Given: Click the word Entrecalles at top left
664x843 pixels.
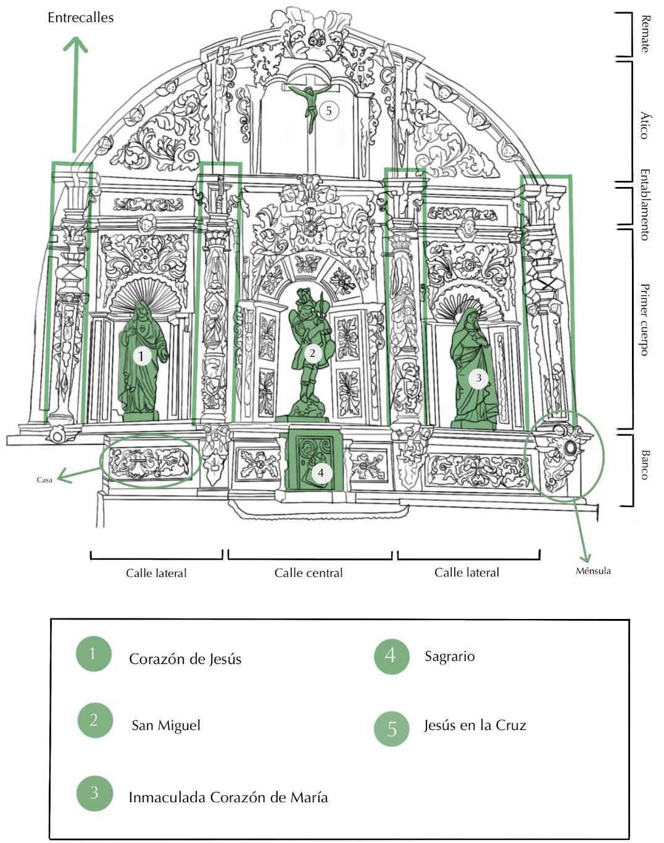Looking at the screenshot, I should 80,18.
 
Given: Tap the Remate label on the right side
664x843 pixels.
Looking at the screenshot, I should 645,34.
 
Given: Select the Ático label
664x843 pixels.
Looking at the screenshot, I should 645,125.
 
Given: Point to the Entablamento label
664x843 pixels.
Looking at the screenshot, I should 645,204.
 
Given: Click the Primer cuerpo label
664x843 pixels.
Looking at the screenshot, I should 645,320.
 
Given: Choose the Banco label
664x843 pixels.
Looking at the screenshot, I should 645,465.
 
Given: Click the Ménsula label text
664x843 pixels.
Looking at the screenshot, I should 593,571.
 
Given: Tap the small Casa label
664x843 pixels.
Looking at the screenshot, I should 44,480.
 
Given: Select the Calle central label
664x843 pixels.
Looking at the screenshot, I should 309,573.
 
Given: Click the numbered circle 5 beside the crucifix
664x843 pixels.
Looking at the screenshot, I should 329,111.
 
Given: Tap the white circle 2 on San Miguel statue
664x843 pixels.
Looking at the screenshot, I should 313,353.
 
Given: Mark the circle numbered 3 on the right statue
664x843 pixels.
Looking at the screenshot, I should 478,378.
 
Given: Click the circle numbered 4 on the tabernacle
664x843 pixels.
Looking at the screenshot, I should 321,473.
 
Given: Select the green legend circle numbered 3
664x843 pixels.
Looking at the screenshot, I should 94,792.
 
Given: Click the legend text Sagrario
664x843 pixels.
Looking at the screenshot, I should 449,656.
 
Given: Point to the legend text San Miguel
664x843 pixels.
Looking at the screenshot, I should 166,725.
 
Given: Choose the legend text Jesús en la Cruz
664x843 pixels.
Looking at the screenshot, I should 475,725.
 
